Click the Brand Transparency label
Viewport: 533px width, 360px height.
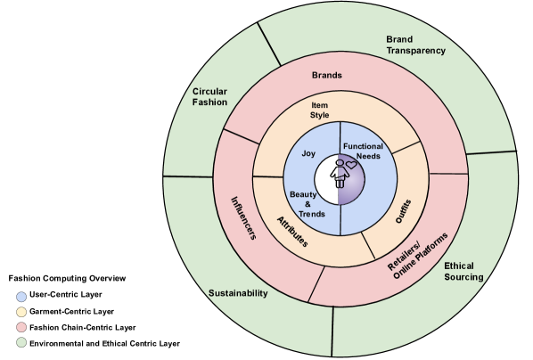(415, 45)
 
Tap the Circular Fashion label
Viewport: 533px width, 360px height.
(209, 97)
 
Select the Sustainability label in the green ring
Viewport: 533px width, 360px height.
(238, 293)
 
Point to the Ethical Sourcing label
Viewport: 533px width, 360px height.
(463, 271)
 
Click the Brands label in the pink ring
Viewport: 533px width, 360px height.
(327, 75)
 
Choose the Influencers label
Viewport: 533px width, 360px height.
(243, 218)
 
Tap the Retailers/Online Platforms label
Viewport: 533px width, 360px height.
(418, 256)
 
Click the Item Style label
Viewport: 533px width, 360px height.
(319, 110)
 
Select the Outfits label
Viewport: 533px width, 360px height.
(404, 211)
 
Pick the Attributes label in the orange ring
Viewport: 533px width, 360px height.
(292, 232)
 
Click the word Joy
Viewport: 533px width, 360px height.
(308, 153)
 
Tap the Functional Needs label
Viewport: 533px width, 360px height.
(363, 151)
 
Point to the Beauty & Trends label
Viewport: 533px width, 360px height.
(307, 204)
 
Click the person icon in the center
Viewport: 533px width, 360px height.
(340, 174)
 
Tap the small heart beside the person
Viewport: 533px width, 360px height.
(351, 165)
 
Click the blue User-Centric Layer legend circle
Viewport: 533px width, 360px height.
(21, 297)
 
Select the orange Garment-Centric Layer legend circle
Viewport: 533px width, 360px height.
(21, 312)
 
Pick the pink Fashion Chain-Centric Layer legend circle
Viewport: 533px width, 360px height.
(21, 327)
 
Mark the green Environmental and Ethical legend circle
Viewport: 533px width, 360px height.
(21, 343)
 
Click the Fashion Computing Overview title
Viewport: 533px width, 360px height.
(67, 278)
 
